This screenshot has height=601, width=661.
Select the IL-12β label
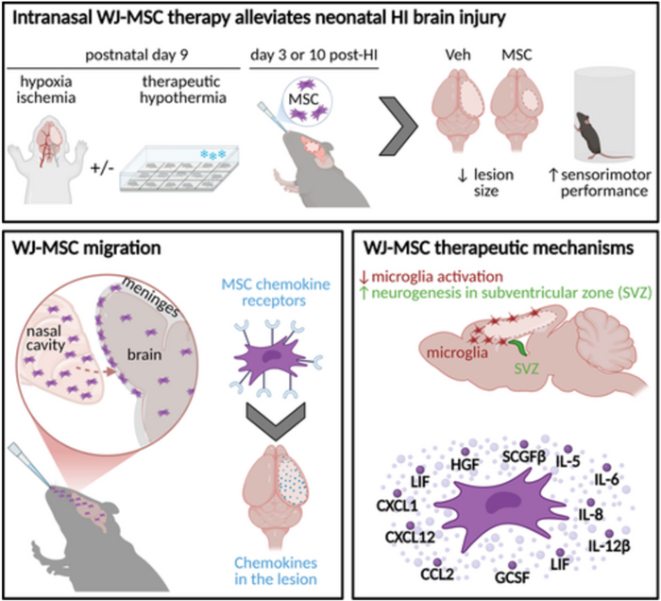pyautogui.click(x=608, y=545)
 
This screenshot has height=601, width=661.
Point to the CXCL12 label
pyautogui.click(x=398, y=541)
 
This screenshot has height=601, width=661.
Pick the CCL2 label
pyautogui.click(x=433, y=572)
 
